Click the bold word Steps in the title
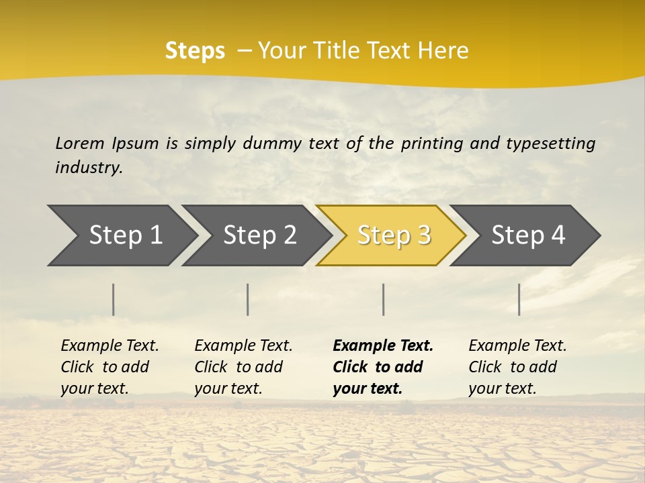coord(195,51)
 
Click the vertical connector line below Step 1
coord(114,299)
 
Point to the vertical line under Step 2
coord(248,299)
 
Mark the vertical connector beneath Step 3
coord(384,299)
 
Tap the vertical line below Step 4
coord(519,299)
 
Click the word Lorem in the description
coord(80,143)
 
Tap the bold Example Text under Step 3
coord(383,345)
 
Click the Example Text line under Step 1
coord(110,345)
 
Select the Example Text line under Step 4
coord(517,345)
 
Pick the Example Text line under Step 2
coord(243,345)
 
